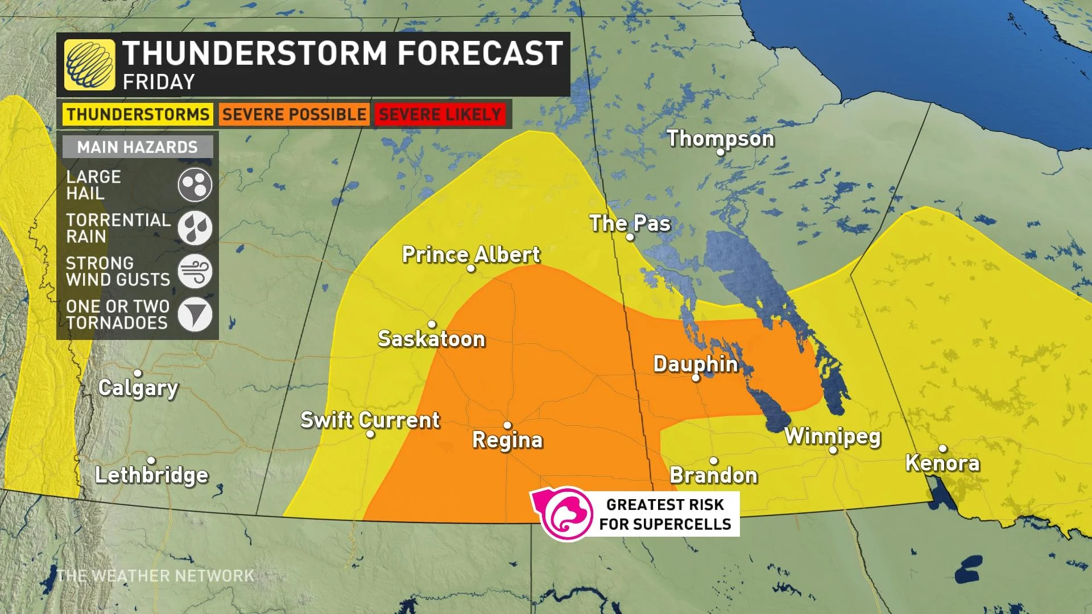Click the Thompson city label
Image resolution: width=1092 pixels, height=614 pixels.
720,139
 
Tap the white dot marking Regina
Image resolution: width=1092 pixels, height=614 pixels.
507,425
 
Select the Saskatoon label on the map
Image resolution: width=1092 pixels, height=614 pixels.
431,339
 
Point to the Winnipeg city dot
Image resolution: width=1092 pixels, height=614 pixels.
833,450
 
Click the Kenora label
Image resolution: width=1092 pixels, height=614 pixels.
942,463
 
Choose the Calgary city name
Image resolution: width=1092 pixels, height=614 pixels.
138,388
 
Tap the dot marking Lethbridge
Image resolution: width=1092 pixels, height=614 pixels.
151,460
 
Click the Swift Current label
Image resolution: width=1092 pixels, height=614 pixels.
370,420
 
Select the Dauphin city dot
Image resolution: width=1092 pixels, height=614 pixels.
696,378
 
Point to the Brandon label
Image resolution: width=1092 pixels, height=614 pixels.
713,475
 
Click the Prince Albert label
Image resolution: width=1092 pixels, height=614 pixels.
470,255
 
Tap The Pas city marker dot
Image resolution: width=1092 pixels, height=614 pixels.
630,237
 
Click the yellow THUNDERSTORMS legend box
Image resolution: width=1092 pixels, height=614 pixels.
138,114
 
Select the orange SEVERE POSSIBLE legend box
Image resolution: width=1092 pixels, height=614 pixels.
294,114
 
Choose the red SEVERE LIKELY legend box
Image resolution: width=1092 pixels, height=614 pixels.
440,114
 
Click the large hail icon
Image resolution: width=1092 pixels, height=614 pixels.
195,185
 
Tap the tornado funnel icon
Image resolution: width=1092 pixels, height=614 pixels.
195,314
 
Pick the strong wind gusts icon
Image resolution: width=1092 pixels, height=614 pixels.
195,271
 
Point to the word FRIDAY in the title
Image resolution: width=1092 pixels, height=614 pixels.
159,82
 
